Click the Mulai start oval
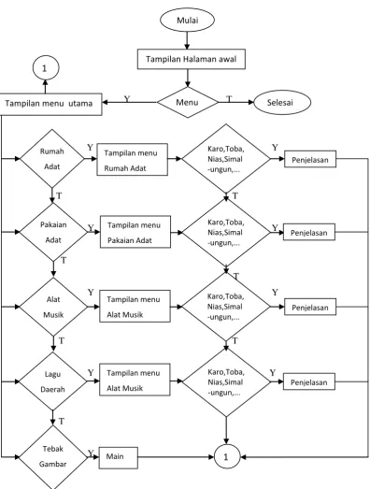click(x=187, y=20)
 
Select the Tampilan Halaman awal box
click(x=192, y=59)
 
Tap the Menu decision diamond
click(x=188, y=102)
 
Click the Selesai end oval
click(x=282, y=102)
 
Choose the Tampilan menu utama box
click(x=50, y=104)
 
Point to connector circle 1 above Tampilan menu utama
click(x=46, y=67)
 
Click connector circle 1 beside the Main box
click(x=227, y=457)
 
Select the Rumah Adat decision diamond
click(x=52, y=158)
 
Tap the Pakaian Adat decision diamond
click(x=53, y=232)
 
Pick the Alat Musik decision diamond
click(x=53, y=307)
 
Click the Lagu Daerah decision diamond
click(x=52, y=381)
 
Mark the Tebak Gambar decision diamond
click(x=53, y=457)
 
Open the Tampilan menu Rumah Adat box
click(x=132, y=160)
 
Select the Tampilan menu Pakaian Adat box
click(x=135, y=232)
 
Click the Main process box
click(x=119, y=457)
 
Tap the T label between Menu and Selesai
click(x=229, y=99)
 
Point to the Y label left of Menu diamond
click(x=127, y=99)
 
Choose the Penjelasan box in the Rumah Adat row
click(x=310, y=159)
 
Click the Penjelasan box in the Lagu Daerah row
click(x=309, y=381)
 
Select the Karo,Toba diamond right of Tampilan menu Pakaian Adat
click(x=226, y=232)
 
